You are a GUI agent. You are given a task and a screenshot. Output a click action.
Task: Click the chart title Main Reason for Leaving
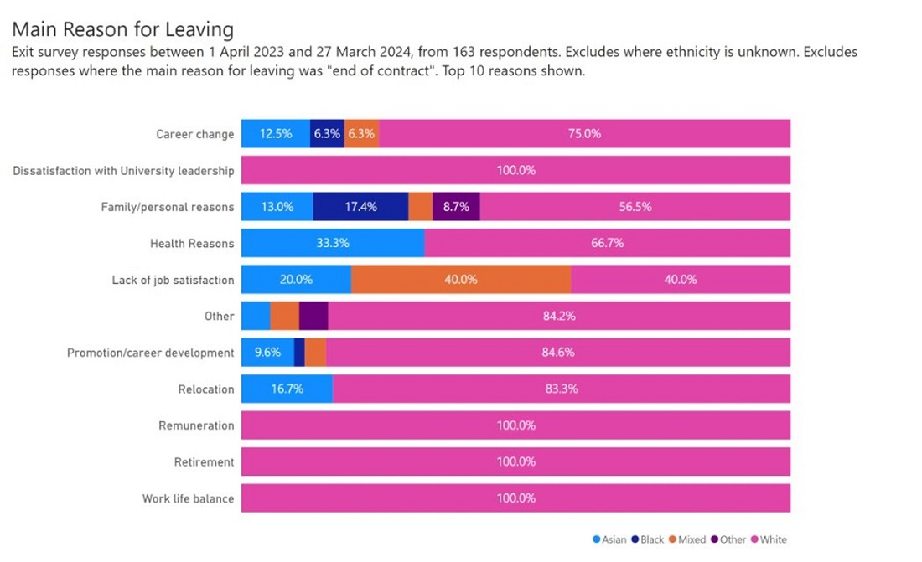point(122,30)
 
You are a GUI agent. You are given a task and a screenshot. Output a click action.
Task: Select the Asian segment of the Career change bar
point(276,134)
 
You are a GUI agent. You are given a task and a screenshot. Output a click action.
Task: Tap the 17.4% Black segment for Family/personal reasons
point(360,207)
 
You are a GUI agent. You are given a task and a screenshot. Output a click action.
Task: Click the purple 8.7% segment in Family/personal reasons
point(456,207)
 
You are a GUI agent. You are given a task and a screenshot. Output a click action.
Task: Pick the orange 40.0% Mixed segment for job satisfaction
point(461,280)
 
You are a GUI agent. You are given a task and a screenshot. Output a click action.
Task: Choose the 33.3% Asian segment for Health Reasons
point(333,243)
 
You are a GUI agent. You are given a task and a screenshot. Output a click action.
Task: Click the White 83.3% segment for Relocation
point(561,389)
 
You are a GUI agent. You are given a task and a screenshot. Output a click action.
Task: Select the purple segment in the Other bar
point(313,316)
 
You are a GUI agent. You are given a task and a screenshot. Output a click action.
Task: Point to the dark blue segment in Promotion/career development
point(299,353)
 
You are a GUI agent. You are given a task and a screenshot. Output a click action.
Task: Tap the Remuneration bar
point(515,425)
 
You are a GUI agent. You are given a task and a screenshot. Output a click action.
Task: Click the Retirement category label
point(204,462)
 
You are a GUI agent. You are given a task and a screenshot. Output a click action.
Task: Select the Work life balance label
point(188,499)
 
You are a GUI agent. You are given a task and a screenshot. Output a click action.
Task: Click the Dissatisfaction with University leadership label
point(123,171)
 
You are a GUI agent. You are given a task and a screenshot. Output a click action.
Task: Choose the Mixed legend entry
point(686,539)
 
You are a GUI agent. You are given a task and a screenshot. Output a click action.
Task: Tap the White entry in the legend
point(768,539)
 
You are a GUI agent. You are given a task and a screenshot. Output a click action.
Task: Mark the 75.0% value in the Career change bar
point(583,134)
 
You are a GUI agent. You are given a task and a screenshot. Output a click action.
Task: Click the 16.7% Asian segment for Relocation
point(287,389)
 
